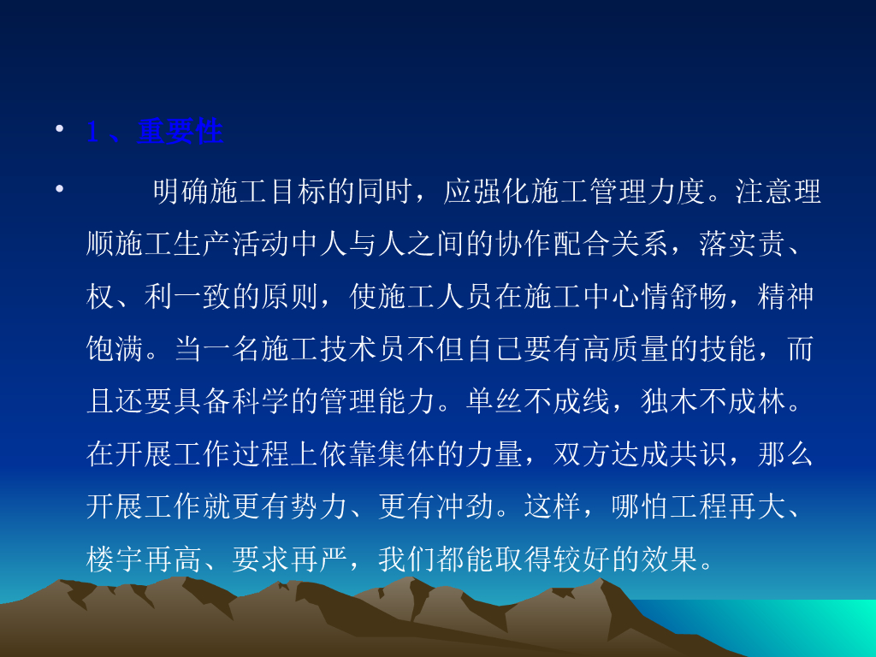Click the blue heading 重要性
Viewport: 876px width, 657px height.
click(x=180, y=132)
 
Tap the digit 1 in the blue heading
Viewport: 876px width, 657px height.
click(x=92, y=133)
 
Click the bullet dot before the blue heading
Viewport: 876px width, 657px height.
click(x=59, y=128)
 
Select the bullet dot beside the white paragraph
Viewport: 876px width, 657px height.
click(x=59, y=188)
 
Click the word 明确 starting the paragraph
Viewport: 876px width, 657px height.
click(x=181, y=192)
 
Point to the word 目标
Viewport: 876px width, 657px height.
click(x=298, y=192)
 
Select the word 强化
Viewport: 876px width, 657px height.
click(x=501, y=192)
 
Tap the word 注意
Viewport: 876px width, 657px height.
click(x=763, y=192)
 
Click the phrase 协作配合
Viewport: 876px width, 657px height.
click(x=553, y=244)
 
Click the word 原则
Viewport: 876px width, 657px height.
click(x=290, y=297)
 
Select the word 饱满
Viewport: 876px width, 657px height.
click(x=115, y=349)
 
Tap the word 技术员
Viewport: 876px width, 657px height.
click(x=363, y=349)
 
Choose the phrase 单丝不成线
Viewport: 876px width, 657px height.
click(x=537, y=402)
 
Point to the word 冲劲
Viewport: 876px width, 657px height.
click(x=465, y=506)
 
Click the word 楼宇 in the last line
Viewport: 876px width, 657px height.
click(x=115, y=559)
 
